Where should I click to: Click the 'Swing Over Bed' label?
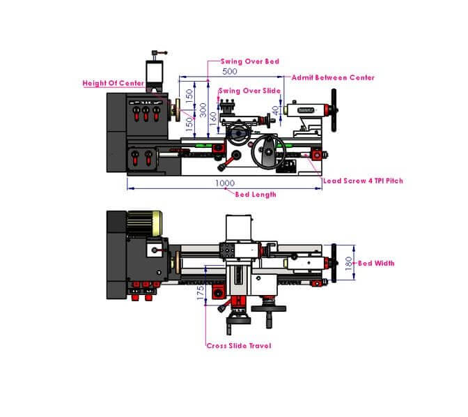coord(250,61)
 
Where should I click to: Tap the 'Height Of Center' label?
coord(114,83)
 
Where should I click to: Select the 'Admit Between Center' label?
coord(333,77)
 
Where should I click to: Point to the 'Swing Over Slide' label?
coord(249,91)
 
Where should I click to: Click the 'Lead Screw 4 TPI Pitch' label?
coord(363,181)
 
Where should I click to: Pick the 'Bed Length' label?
coord(256,195)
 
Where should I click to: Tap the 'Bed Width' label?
coord(376,264)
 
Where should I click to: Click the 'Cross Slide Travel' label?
coord(239,346)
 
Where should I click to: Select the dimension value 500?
coord(230,71)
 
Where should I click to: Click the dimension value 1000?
coord(225,183)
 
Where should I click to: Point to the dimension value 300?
coord(203,110)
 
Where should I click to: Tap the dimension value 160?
coord(213,119)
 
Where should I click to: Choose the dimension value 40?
coord(276,110)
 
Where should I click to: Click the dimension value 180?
coord(349,264)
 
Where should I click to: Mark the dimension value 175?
coord(201,293)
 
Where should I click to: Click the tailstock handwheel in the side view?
coord(334,110)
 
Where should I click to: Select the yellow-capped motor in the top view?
coord(145,223)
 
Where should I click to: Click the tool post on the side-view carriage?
coord(229,107)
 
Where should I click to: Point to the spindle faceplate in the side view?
coord(178,110)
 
